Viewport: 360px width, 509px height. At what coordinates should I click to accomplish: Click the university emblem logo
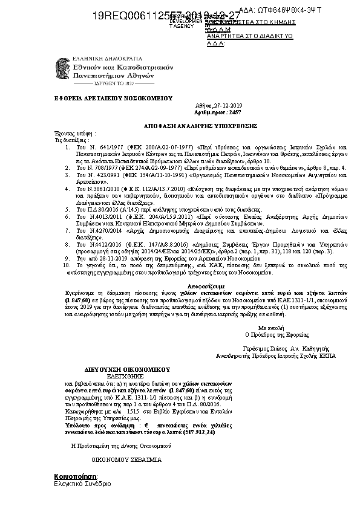pyautogui.click(x=62, y=69)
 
